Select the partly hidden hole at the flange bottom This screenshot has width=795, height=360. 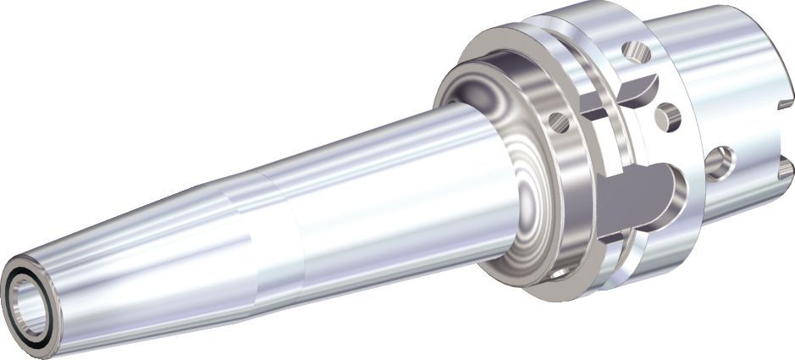(559, 273)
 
